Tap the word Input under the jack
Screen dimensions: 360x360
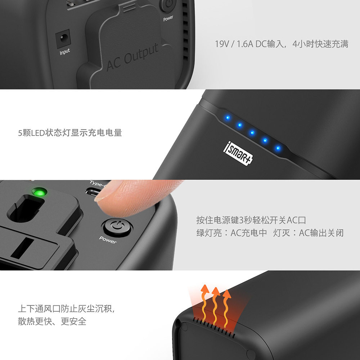pyautogui.click(x=65, y=52)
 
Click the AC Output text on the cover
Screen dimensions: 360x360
pyautogui.click(x=132, y=57)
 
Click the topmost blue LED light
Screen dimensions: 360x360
pyautogui.click(x=228, y=118)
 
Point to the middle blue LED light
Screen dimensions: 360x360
pyautogui.click(x=252, y=133)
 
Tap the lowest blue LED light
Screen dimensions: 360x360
pyautogui.click(x=278, y=148)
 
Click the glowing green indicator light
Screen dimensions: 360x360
pyautogui.click(x=39, y=192)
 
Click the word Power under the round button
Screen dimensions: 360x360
pyautogui.click(x=108, y=240)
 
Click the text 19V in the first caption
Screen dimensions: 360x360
pyautogui.click(x=222, y=44)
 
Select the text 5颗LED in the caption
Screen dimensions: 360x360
pyautogui.click(x=31, y=133)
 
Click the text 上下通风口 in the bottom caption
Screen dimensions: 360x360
pyautogui.click(x=39, y=309)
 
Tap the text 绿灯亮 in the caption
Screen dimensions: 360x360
pyautogui.click(x=209, y=233)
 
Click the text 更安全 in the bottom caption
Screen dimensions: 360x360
pyautogui.click(x=73, y=321)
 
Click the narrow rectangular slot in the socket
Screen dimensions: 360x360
pyautogui.click(x=22, y=248)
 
